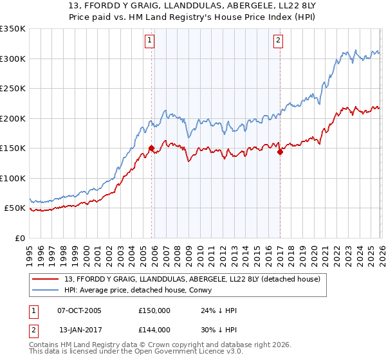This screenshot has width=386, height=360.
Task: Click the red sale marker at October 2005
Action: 152,148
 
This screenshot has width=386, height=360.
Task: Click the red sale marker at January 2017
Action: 280,152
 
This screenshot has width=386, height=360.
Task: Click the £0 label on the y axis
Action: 20,239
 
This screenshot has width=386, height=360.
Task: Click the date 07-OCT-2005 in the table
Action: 79,310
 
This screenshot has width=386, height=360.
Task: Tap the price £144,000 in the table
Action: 154,330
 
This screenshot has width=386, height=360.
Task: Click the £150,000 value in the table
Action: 154,310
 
